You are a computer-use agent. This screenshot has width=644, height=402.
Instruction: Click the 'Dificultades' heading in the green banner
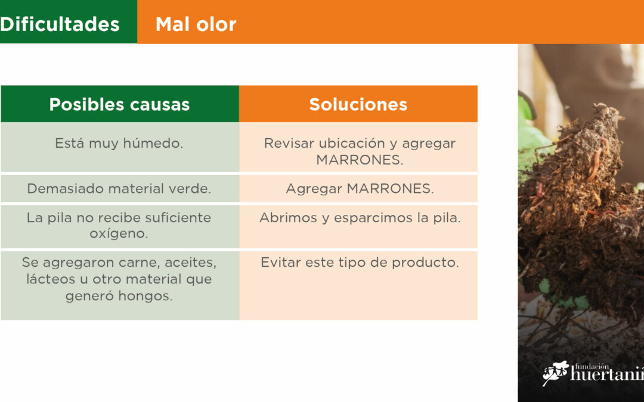(60, 24)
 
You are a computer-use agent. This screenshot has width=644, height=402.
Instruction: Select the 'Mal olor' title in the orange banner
(196, 24)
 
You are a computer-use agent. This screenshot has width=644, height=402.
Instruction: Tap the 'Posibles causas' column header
(119, 104)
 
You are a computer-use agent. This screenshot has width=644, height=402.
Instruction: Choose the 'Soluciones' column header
(358, 104)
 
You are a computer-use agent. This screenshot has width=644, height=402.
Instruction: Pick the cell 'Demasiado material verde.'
(119, 188)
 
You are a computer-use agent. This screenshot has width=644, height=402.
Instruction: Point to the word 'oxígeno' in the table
(117, 234)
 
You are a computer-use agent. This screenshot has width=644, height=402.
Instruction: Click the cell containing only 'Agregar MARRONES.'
(360, 189)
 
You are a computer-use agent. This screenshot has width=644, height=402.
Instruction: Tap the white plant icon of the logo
(555, 372)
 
